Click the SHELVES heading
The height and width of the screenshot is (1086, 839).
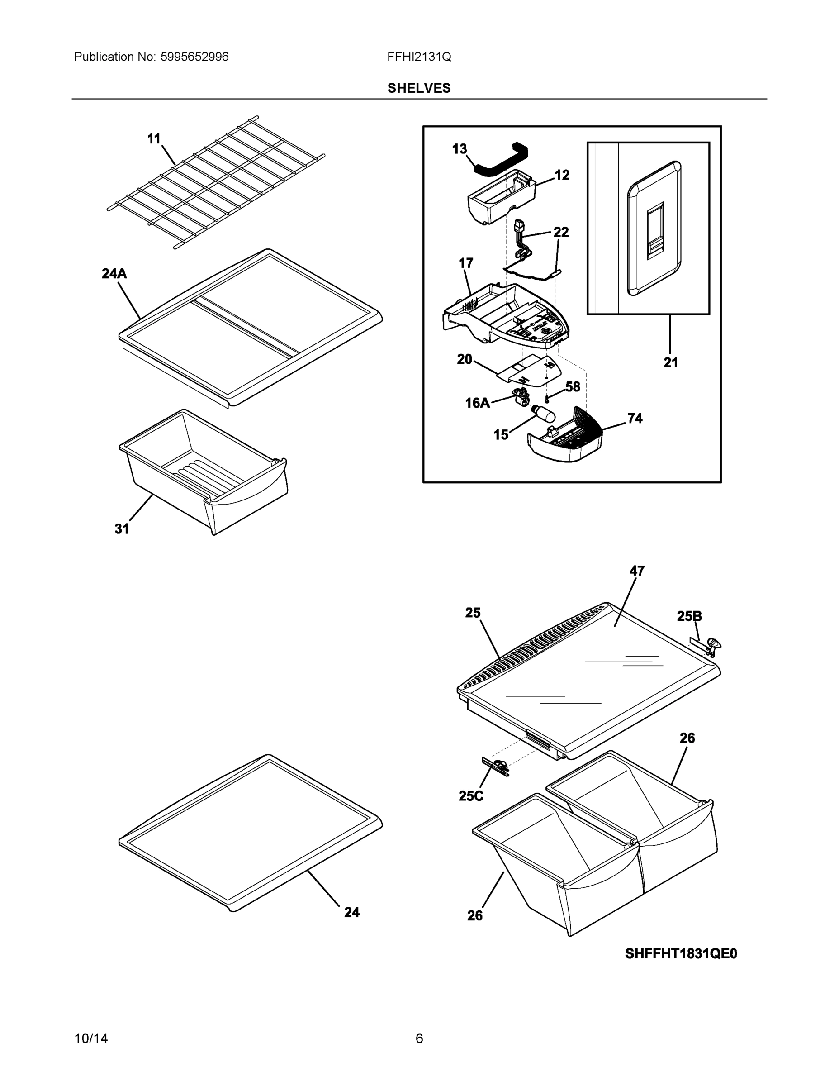tap(418, 88)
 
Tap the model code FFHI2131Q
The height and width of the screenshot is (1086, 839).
tap(419, 57)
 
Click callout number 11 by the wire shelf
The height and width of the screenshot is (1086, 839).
tap(154, 139)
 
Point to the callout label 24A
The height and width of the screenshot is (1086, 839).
tap(114, 273)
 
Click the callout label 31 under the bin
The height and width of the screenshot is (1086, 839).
tap(122, 529)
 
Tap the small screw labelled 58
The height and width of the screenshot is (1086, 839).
tap(547, 399)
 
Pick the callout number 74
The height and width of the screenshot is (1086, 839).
tap(635, 419)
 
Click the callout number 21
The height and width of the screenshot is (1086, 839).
tap(670, 363)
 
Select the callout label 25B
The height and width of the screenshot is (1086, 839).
tap(689, 617)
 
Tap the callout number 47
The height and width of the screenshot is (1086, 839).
tap(637, 571)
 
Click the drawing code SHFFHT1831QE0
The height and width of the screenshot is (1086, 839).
tap(681, 954)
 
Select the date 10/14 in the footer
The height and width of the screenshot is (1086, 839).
tap(91, 1039)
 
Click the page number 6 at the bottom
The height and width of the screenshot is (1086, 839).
tap(419, 1039)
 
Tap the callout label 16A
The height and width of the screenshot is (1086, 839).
tap(477, 403)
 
